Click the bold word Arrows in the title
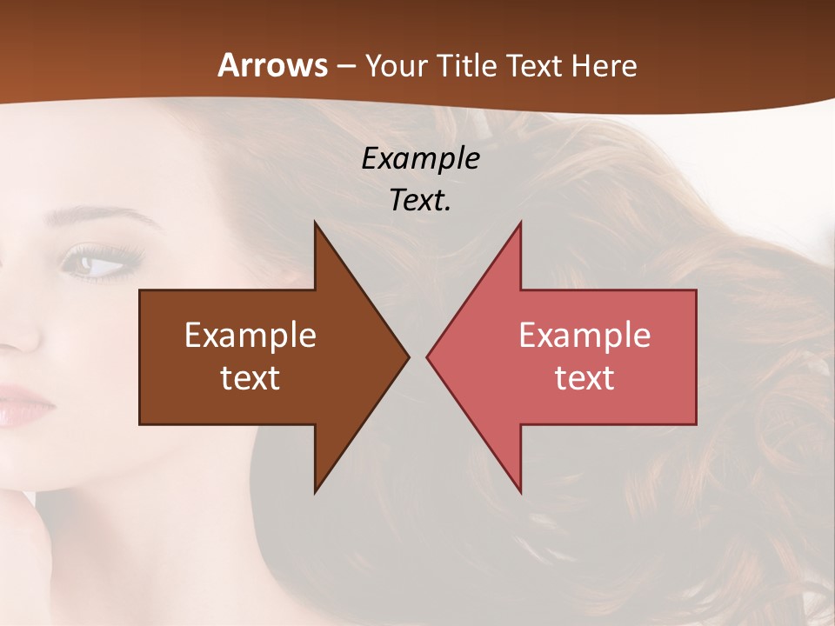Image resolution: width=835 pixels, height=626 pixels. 273,66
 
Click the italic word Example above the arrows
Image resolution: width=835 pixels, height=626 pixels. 420,158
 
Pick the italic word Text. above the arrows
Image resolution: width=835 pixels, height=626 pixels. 420,200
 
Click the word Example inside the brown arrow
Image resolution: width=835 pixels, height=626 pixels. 250,335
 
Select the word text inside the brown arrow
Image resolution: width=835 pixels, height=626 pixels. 250,377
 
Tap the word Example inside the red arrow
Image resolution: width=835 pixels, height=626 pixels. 584,335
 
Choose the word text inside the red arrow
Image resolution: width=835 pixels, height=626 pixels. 584,377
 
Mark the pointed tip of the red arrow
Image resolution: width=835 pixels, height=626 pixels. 428,356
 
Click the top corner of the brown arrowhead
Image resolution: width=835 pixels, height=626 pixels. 315,223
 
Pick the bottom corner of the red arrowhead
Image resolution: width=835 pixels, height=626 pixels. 520,492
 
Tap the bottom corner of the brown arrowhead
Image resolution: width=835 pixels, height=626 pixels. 315,492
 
